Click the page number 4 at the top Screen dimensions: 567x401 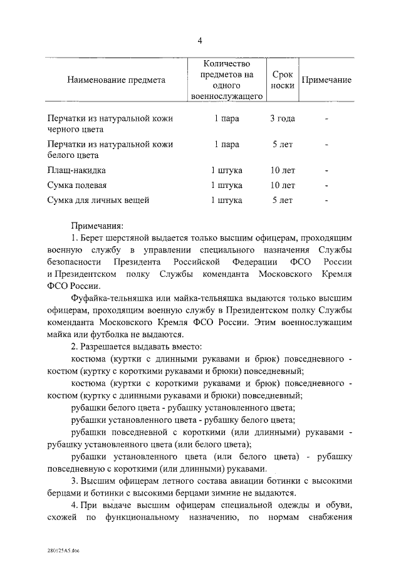(200, 41)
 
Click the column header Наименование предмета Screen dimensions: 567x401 (116, 80)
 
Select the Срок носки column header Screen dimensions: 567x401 (283, 80)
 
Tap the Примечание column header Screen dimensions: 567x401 (326, 80)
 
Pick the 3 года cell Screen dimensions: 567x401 (283, 118)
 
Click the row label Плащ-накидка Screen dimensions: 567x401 (77, 170)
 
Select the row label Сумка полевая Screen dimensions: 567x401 (78, 185)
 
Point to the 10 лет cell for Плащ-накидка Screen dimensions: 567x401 (283, 170)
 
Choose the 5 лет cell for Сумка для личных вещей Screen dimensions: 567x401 (283, 200)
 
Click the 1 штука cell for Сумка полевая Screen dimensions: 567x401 (226, 185)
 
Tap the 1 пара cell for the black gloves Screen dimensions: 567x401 (226, 118)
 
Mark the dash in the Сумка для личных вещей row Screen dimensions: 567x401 (326, 200)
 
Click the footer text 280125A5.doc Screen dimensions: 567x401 (63, 550)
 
